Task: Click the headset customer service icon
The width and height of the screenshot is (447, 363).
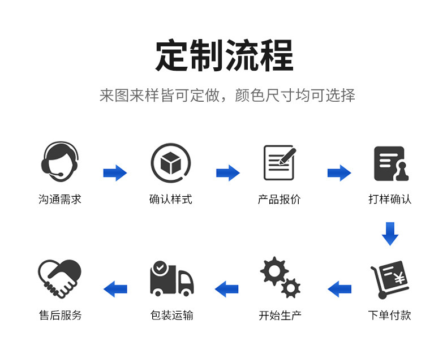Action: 60,162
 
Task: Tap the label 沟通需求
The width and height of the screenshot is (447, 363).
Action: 60,200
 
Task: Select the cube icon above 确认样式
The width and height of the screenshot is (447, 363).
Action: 170,163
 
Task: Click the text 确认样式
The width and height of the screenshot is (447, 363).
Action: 170,200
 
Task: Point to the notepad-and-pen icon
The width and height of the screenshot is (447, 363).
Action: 280,163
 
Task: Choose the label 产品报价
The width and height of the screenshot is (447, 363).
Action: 280,200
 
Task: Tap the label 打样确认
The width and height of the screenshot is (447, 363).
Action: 390,200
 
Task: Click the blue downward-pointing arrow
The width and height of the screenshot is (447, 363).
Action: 390,234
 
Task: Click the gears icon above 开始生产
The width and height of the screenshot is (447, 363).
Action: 280,277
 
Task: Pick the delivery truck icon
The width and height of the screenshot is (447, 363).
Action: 171,278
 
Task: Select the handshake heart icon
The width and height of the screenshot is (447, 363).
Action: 59,278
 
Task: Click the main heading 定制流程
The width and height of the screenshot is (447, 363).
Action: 225,55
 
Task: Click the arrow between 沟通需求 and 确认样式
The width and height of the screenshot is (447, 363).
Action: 115,173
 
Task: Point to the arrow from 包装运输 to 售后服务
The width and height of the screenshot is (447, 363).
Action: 115,289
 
